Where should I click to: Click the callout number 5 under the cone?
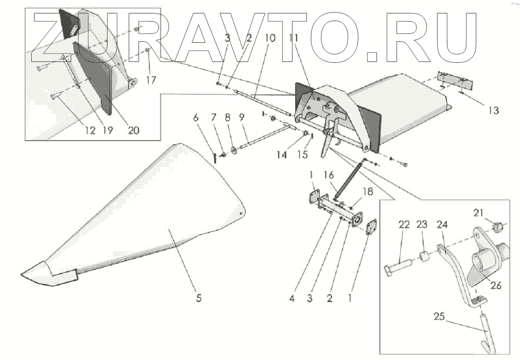[x=199, y=299]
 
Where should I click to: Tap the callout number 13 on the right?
[x=493, y=111]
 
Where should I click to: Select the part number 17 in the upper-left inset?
[x=151, y=81]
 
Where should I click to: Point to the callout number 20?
[x=134, y=130]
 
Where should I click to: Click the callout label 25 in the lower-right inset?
[x=439, y=317]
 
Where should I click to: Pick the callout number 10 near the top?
[x=270, y=38]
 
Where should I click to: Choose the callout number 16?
[x=328, y=175]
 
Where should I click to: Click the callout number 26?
[x=496, y=286]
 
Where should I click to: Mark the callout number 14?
[x=282, y=155]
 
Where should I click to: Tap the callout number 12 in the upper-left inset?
[x=90, y=130]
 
